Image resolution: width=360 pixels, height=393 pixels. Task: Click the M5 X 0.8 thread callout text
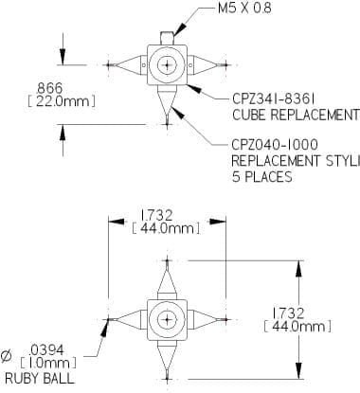click(x=244, y=8)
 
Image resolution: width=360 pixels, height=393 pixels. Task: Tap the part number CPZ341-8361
click(x=273, y=98)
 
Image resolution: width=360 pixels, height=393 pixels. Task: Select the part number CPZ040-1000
click(x=275, y=145)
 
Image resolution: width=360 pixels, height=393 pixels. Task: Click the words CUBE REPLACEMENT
click(x=296, y=115)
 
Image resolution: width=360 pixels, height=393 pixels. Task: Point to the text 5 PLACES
click(x=262, y=177)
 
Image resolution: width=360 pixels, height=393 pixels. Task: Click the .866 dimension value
click(x=49, y=87)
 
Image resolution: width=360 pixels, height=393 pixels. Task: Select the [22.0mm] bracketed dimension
click(x=62, y=101)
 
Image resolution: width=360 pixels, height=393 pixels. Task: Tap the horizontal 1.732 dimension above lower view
click(x=156, y=215)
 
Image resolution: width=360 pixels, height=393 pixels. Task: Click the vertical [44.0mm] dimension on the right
click(x=297, y=327)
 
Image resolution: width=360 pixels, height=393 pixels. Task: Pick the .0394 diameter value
click(x=46, y=350)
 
